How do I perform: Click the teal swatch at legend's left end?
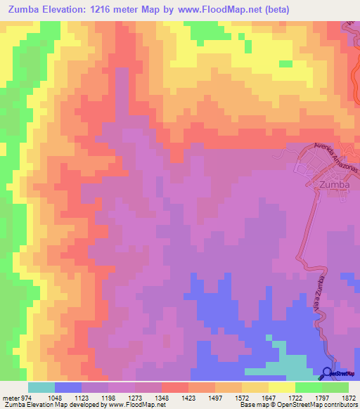(x=41, y=387)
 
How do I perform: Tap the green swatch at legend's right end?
(x=335, y=387)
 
